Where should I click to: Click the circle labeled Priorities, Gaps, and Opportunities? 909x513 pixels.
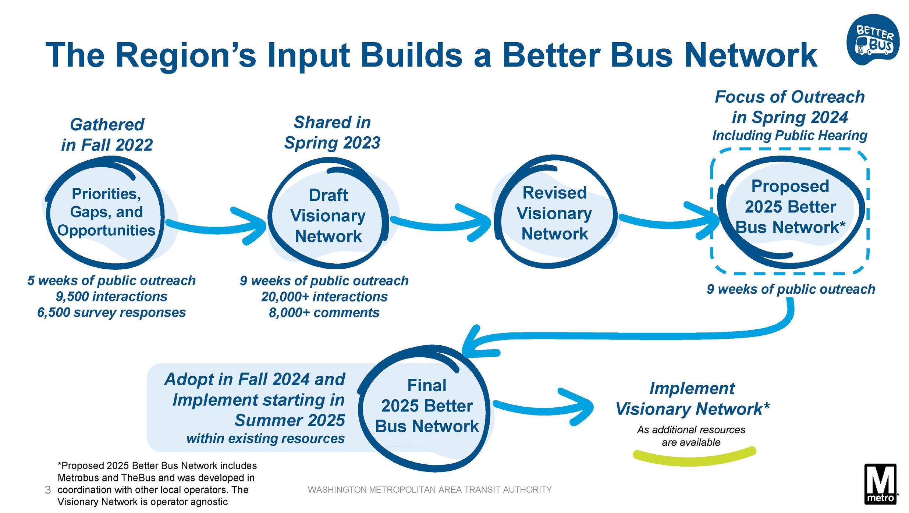[x=106, y=213]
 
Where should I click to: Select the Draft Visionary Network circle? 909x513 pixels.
[x=328, y=215]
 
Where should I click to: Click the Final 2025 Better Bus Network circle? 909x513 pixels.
[x=426, y=406]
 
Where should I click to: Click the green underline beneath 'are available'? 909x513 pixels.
[x=694, y=456]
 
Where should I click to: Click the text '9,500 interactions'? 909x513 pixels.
[x=111, y=296]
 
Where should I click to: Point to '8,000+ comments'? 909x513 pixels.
[x=324, y=313]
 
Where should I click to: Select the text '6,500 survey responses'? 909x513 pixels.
[x=111, y=313]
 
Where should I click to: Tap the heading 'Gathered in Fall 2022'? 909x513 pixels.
[x=107, y=135]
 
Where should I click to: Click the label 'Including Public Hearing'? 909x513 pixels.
[x=789, y=135]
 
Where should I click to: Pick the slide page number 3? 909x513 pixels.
[x=47, y=490]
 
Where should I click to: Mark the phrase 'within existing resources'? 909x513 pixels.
[x=266, y=438]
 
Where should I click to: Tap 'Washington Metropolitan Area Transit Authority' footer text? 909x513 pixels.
[x=429, y=490]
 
